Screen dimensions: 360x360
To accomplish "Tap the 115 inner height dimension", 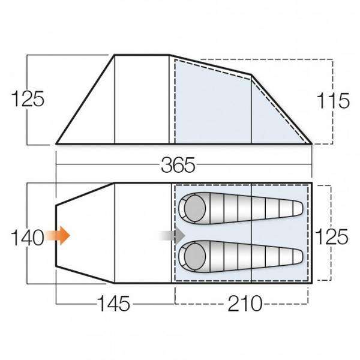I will pyautogui.click(x=334, y=100).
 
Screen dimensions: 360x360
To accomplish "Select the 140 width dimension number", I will pyautogui.click(x=27, y=238).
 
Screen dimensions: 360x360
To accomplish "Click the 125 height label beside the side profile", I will pyautogui.click(x=28, y=99).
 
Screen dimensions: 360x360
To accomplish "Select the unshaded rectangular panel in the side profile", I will pyautogui.click(x=142, y=99).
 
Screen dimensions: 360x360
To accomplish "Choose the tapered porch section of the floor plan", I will pyautogui.click(x=84, y=234).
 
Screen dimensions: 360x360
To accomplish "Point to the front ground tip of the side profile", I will pyautogui.click(x=57, y=143).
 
